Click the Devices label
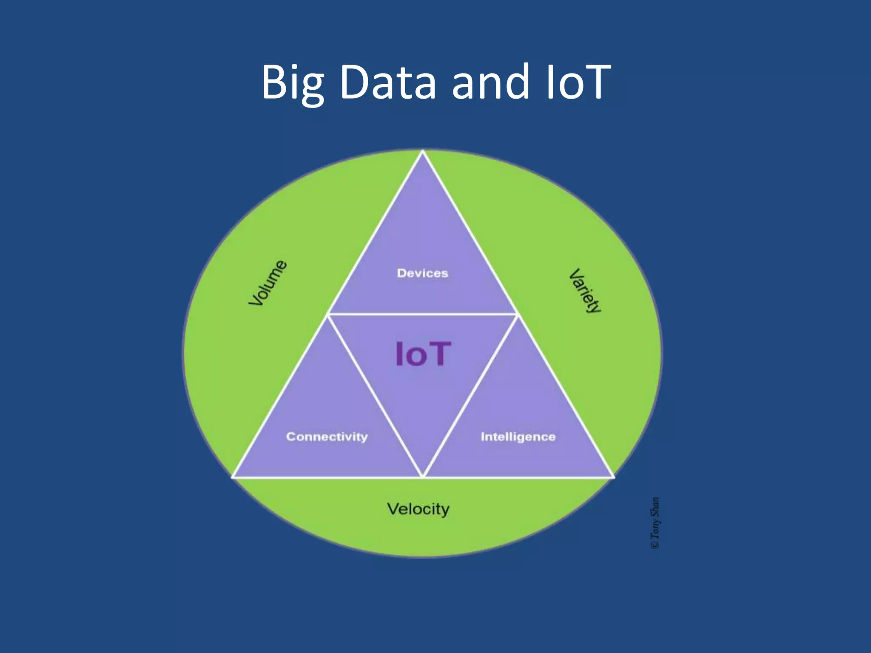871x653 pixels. click(422, 273)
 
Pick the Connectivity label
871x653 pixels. click(327, 437)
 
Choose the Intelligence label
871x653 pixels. click(518, 437)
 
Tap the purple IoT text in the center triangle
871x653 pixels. click(422, 354)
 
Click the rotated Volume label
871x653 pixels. click(268, 283)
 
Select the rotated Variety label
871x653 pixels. click(586, 290)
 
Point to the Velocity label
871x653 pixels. click(418, 509)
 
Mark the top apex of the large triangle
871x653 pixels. click(423, 151)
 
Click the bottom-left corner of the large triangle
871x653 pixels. click(233, 477)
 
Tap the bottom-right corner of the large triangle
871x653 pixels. click(613, 477)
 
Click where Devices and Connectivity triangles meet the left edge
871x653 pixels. click(328, 314)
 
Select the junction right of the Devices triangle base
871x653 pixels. click(517, 314)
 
